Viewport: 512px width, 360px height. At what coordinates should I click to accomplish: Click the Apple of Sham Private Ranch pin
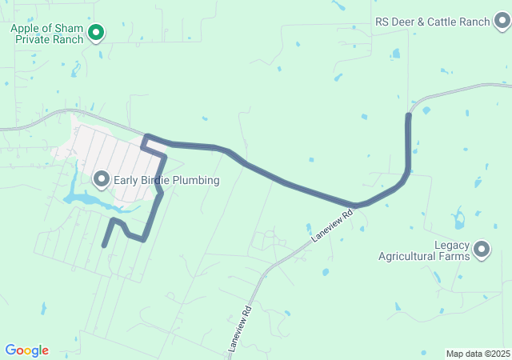[96, 33]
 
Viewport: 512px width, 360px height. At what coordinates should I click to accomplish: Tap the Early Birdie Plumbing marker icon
[102, 179]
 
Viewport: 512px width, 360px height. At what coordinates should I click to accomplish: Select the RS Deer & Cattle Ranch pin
[502, 22]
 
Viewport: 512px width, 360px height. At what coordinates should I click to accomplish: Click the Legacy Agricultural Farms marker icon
[482, 250]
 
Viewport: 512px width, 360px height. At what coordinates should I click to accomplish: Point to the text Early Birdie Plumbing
[166, 180]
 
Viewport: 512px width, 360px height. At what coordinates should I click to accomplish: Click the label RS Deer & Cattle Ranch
[432, 22]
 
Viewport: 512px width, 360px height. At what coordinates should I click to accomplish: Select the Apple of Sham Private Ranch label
[46, 33]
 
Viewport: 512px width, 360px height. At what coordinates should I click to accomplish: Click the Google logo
[26, 350]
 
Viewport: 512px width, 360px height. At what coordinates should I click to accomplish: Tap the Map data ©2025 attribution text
[478, 354]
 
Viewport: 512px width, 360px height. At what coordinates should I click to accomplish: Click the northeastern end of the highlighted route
[409, 117]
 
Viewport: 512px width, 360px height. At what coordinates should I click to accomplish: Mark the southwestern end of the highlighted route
[104, 245]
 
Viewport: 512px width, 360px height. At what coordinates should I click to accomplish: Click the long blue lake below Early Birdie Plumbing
[84, 198]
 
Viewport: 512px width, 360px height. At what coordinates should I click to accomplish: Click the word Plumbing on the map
[194, 180]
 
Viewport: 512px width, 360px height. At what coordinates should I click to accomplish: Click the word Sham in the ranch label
[67, 28]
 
